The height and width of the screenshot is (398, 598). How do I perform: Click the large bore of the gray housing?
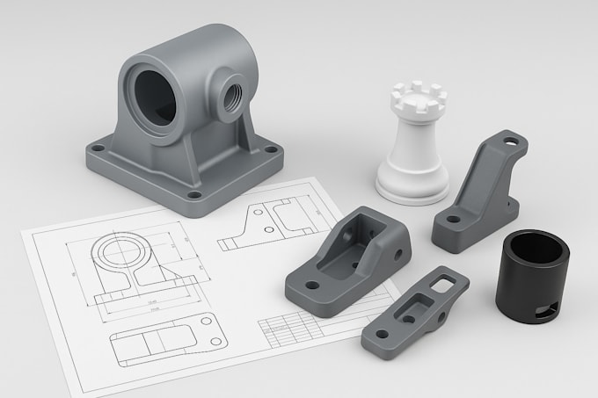(x=155, y=90)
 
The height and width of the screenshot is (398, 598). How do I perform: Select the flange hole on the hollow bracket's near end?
(x=303, y=283)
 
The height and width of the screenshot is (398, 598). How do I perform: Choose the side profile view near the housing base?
(x=267, y=221)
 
